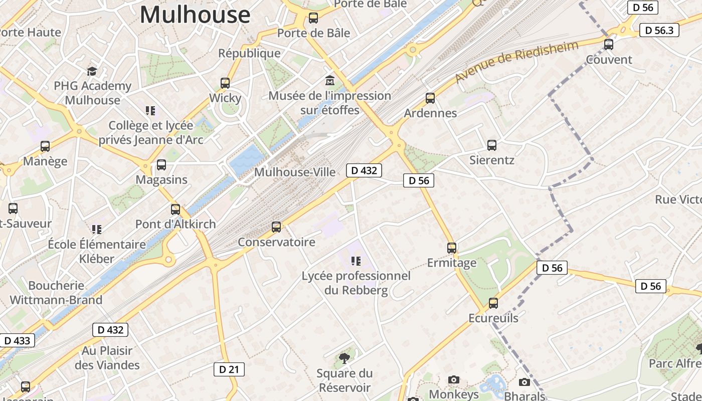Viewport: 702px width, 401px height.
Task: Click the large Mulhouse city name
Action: point(195,15)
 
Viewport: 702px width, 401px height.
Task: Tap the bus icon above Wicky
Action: point(225,83)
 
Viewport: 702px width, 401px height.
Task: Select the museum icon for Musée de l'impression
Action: point(330,80)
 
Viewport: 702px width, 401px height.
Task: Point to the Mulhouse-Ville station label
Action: point(295,172)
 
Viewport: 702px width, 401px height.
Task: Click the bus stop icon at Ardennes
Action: point(430,98)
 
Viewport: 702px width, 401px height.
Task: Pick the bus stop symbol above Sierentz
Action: point(492,145)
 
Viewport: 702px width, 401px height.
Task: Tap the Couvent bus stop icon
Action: point(609,45)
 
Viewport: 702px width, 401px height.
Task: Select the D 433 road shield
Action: point(17,341)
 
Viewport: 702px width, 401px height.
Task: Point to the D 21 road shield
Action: point(229,369)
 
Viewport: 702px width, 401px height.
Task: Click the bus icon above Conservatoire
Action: point(276,227)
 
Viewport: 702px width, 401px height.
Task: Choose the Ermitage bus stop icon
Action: point(452,248)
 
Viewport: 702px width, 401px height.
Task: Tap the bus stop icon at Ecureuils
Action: point(493,303)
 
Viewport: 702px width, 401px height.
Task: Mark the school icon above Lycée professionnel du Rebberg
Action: point(356,261)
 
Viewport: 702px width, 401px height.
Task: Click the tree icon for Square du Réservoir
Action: point(344,358)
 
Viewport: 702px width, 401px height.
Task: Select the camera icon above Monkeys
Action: point(454,380)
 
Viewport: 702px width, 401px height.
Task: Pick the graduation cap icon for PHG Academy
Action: point(92,71)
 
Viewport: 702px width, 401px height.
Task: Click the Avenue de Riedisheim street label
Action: point(516,62)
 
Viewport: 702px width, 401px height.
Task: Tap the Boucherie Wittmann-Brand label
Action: point(56,293)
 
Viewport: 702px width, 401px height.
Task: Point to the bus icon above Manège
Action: point(45,146)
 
